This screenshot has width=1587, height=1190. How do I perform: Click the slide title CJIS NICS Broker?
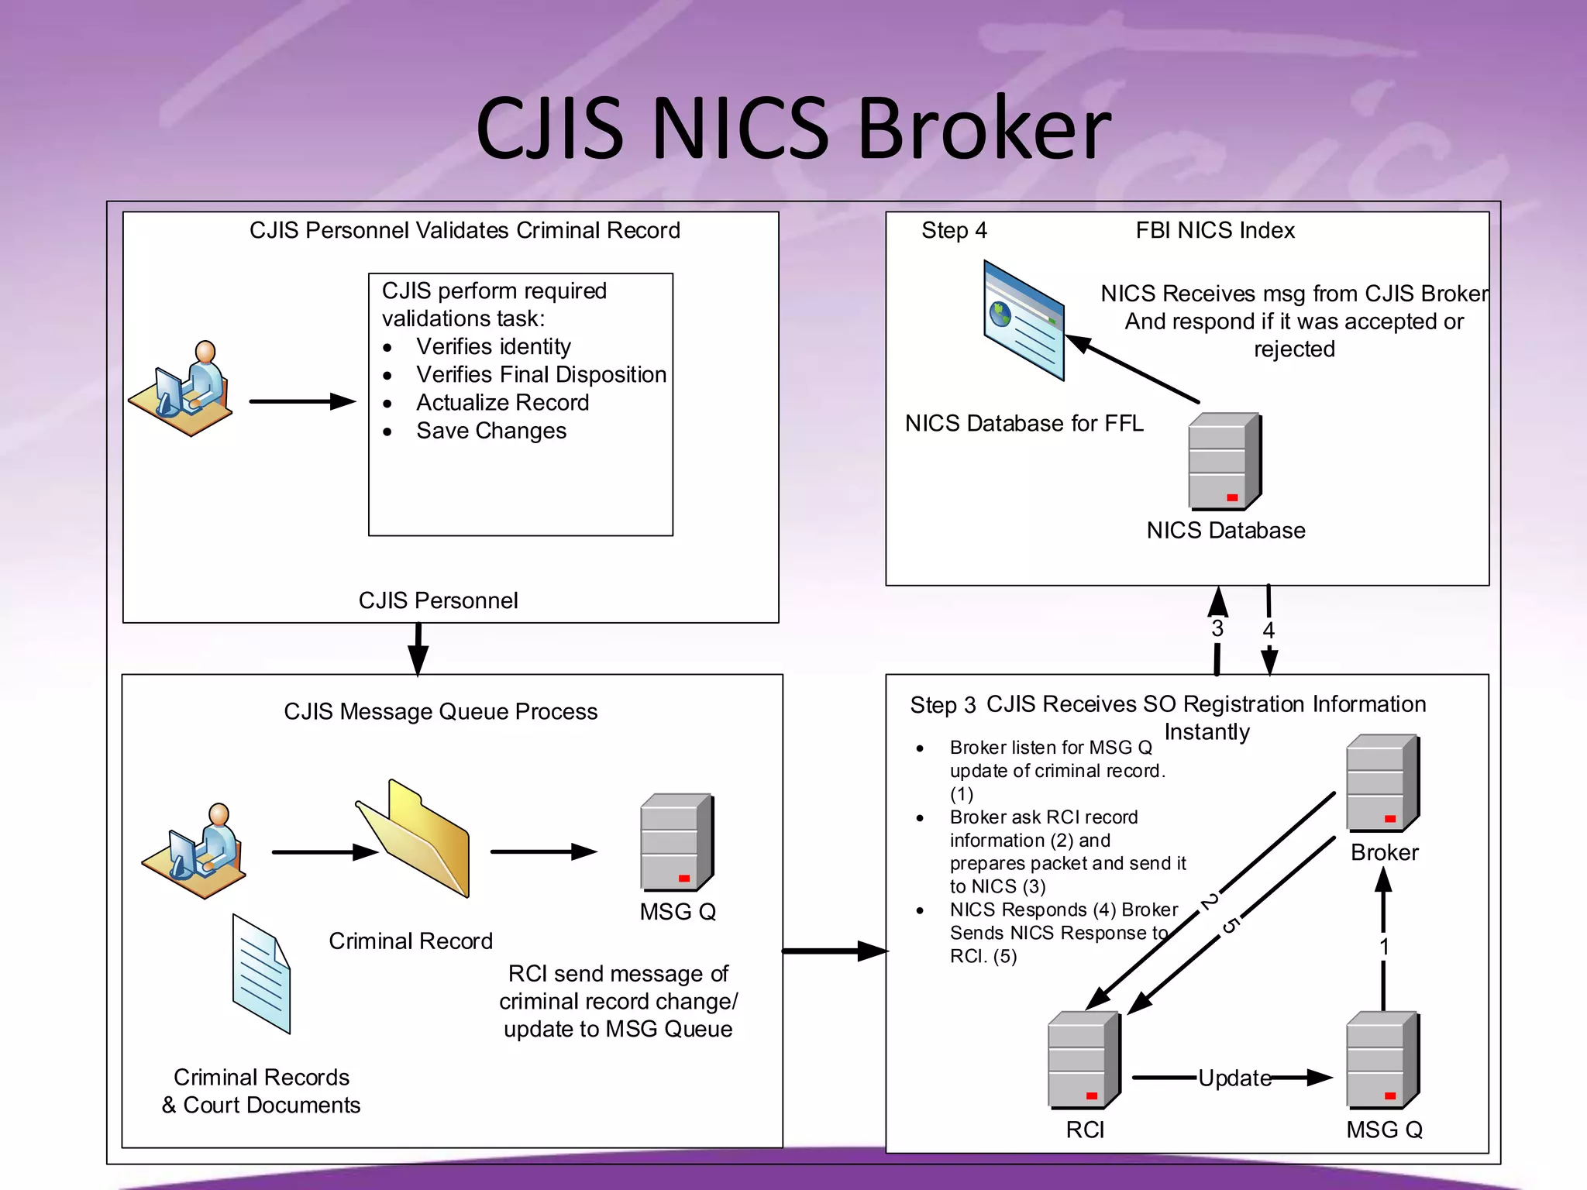coord(793,128)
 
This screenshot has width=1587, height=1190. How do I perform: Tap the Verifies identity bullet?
coord(493,346)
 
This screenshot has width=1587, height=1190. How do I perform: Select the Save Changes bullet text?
coord(491,431)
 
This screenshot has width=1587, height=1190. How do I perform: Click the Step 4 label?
coord(954,230)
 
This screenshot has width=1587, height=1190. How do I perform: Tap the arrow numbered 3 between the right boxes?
coord(1217,628)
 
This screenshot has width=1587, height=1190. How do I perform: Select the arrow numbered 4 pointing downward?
coord(1269,629)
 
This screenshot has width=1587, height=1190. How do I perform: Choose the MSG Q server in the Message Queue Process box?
coord(676,842)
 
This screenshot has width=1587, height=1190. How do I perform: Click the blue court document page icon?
coord(261,974)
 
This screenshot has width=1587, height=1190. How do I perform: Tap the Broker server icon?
coord(1382,782)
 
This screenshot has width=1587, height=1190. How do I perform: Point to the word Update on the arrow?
coord(1234,1078)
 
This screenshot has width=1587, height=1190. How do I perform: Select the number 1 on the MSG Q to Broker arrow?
coord(1384,947)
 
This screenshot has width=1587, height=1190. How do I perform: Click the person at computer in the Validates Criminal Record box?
coord(184,389)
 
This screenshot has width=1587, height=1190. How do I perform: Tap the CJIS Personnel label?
coord(438,600)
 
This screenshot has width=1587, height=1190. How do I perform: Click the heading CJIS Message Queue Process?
coord(440,711)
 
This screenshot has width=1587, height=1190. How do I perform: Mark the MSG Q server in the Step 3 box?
coord(1382,1060)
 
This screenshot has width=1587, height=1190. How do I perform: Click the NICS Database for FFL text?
coord(1024,423)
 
